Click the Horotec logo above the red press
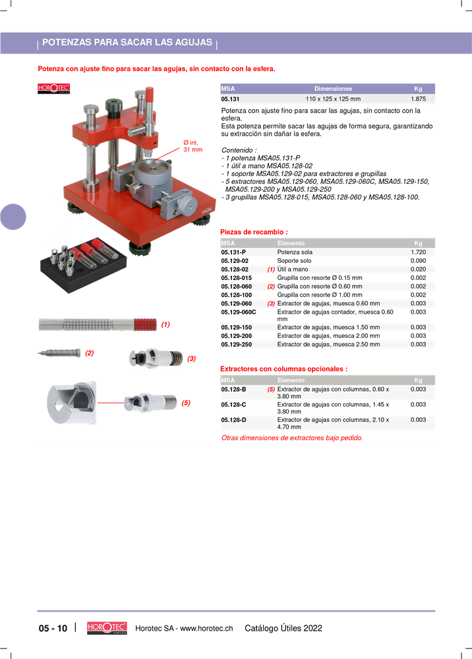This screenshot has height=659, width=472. pos(54,88)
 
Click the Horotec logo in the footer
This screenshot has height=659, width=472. pos(107,628)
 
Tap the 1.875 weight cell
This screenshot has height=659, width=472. pos(418,99)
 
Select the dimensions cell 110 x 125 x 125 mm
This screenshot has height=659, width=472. pos(333,99)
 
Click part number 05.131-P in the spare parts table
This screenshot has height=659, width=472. pos(233,252)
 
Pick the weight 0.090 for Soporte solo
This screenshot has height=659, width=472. pos(418,260)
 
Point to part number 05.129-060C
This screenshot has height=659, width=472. pos(239,312)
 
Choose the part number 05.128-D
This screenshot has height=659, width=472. pos(233,419)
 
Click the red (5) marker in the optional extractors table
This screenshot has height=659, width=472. pos(271,389)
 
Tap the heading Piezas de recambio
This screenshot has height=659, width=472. pos(254,232)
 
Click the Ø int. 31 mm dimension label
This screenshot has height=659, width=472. pos(193,146)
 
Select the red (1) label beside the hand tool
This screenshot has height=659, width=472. pos(165,324)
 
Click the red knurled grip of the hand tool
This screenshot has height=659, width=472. pos(145,324)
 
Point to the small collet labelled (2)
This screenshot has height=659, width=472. pos(59,353)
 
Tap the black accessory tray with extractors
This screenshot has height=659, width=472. pos(83,265)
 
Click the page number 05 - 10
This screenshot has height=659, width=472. pos(53,628)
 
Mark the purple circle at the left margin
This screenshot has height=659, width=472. pos(13,217)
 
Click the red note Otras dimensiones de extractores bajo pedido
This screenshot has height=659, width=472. pos(292,438)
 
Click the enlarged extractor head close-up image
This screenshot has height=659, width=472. pos(71,403)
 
